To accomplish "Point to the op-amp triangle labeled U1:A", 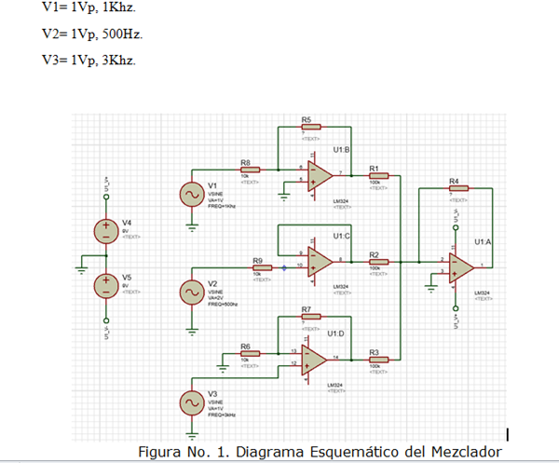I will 461,266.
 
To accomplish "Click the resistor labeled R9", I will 262,268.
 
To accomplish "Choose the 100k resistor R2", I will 377,262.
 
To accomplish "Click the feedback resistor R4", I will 456,188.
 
